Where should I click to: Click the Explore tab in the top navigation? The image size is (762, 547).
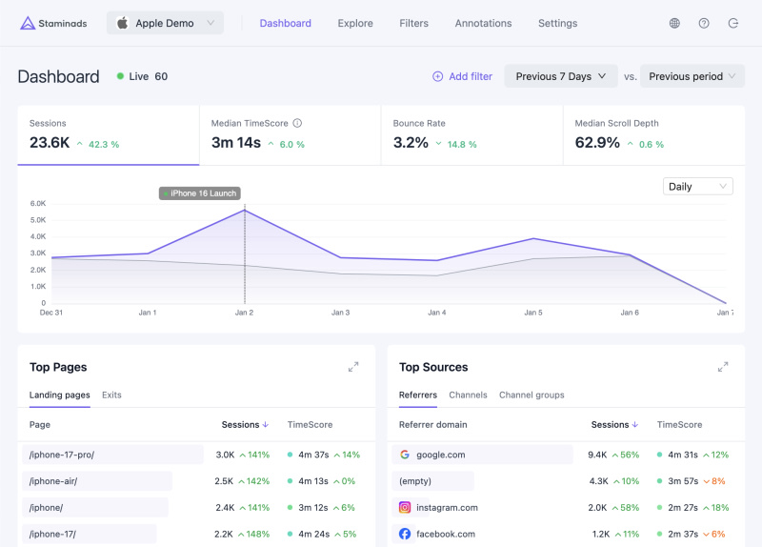(x=355, y=23)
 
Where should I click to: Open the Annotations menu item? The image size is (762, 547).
(x=483, y=23)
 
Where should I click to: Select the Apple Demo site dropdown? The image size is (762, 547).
(x=165, y=23)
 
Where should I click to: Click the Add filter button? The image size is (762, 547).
(x=462, y=76)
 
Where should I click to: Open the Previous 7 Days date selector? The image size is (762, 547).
(x=561, y=76)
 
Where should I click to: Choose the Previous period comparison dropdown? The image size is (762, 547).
(x=692, y=76)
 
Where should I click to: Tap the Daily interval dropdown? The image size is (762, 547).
(x=698, y=187)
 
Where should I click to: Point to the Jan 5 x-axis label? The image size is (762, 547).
(x=533, y=313)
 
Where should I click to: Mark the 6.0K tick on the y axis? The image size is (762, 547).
(x=38, y=203)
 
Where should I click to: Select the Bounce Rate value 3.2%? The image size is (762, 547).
(x=411, y=143)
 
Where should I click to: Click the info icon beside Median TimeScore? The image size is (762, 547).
(x=297, y=123)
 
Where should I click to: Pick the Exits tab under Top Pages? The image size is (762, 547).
(x=111, y=395)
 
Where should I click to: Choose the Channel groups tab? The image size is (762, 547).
(x=531, y=395)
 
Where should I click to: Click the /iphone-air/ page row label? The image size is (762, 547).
(x=53, y=481)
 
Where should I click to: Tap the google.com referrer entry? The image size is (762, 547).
(x=439, y=455)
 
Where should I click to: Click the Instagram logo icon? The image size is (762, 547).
(x=405, y=508)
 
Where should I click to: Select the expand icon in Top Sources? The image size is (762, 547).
(x=723, y=367)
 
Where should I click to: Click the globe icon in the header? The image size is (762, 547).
(x=674, y=23)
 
